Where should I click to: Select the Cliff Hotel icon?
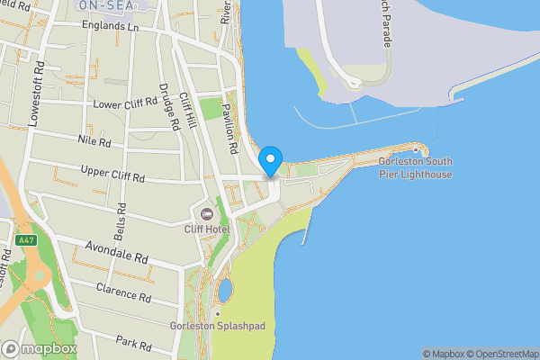[207, 214]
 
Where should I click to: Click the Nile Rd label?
[94, 142]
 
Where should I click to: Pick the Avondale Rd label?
[117, 251]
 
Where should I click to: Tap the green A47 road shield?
[25, 240]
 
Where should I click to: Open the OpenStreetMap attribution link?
[499, 354]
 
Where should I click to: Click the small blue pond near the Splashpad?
[224, 290]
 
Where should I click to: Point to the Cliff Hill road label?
[187, 111]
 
